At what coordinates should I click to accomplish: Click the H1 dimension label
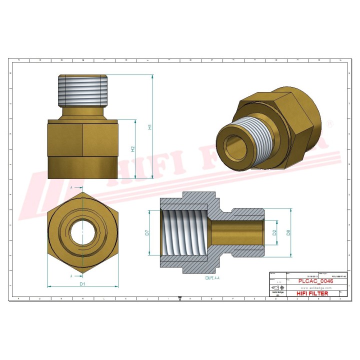point(149,127)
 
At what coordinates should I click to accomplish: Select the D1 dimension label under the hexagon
point(83,284)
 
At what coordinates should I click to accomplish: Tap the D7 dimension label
point(147,232)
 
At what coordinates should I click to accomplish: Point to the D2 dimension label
point(274,232)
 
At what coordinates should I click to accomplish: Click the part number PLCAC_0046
point(315,281)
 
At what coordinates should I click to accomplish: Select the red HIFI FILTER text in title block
point(312,293)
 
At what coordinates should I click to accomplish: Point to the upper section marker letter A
point(71,187)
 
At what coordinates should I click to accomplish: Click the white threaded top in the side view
point(83,90)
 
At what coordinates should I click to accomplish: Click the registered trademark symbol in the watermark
point(329,123)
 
